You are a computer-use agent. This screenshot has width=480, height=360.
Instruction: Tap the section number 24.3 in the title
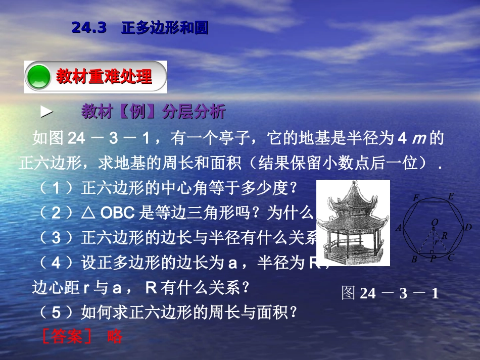pos(89,28)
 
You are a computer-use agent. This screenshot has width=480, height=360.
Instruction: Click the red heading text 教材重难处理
pos(104,77)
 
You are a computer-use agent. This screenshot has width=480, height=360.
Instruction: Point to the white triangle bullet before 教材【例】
pos(46,113)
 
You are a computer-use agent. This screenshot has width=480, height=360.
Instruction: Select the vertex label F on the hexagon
pos(416,198)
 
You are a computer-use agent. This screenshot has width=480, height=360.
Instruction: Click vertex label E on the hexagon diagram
pos(451,196)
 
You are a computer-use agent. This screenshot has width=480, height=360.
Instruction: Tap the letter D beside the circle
pos(468,227)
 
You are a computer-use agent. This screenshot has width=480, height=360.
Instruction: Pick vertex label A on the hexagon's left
pos(399,228)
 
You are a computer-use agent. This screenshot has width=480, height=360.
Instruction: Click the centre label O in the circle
pos(435,222)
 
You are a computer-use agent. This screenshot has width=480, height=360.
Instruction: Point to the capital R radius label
pos(445,236)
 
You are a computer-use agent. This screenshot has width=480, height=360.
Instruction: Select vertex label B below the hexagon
pos(414,260)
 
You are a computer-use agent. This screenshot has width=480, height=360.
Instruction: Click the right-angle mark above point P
pos(431,251)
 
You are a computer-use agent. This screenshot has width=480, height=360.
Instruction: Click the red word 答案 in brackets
pos(67,336)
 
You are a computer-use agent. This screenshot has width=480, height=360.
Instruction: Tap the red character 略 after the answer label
pos(115,336)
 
